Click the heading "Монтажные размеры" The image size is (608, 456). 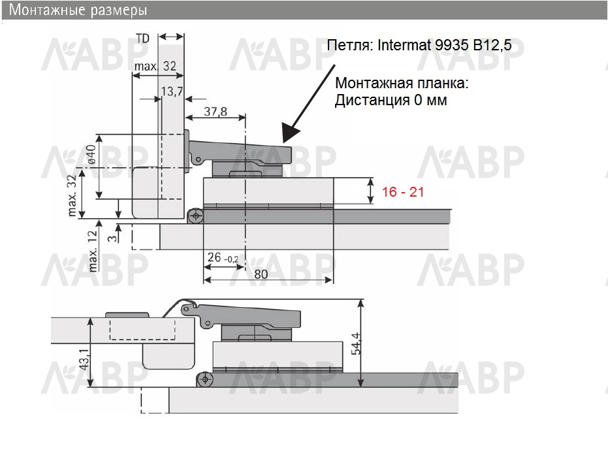click(x=78, y=10)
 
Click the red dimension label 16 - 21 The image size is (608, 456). click(x=403, y=191)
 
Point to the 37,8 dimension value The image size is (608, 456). click(x=216, y=111)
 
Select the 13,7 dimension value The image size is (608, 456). click(x=172, y=91)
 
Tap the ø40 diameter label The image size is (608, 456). click(x=91, y=154)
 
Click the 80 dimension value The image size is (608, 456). click(x=261, y=274)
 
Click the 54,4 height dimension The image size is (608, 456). click(x=356, y=344)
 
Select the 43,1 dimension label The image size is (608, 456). click(x=84, y=359)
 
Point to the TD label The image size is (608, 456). click(x=142, y=39)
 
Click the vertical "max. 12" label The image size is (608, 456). click(x=92, y=252)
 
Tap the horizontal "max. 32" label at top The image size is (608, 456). click(x=155, y=66)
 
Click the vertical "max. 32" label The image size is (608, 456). click(x=72, y=195)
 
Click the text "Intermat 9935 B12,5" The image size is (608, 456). click(x=444, y=45)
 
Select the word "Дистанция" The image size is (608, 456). click(x=372, y=100)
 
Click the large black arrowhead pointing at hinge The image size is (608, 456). click(x=291, y=133)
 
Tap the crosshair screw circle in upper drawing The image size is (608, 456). click(x=195, y=216)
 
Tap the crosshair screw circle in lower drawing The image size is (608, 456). click(x=205, y=379)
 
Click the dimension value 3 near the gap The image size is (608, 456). click(x=112, y=237)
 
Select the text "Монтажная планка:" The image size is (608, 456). click(x=402, y=83)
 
